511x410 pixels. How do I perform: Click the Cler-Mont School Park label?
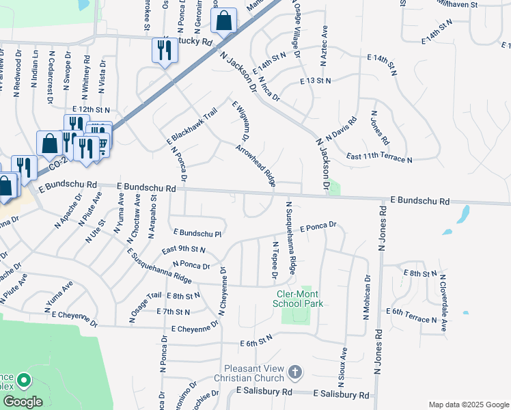(x=297, y=299)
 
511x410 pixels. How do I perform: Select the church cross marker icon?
(x=294, y=372)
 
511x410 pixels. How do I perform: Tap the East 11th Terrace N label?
(x=379, y=159)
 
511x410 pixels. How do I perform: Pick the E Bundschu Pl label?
(x=199, y=233)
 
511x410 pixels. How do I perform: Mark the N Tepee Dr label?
(x=275, y=260)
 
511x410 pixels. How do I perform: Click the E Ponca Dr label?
(x=318, y=225)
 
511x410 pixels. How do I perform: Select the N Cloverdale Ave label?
(x=443, y=303)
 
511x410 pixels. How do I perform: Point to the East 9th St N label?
(x=184, y=250)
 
